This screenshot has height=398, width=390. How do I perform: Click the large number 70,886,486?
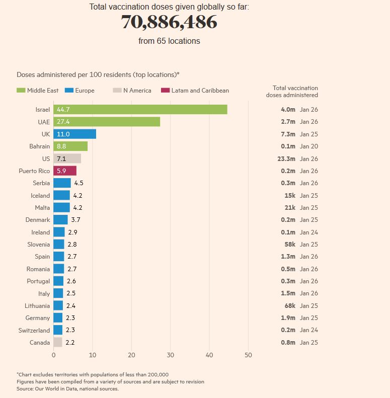pyautogui.click(x=169, y=22)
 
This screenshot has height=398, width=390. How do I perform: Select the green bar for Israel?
pyautogui.click(x=140, y=109)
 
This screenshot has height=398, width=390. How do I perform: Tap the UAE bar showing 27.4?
pyautogui.click(x=107, y=122)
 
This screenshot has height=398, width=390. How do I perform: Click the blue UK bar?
pyautogui.click(x=74, y=134)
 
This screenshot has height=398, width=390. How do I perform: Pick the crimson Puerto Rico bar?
pyautogui.click(x=65, y=171)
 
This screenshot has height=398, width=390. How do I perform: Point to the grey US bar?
pyautogui.click(x=67, y=158)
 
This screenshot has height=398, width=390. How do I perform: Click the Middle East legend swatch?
pyautogui.click(x=21, y=91)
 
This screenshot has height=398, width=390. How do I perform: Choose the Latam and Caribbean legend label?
pyautogui.click(x=200, y=91)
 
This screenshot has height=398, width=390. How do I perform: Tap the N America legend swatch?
pyautogui.click(x=117, y=91)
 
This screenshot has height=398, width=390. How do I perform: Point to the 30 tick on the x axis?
pyautogui.click(x=170, y=355)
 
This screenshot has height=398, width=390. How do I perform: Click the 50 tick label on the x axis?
pyautogui.click(x=248, y=355)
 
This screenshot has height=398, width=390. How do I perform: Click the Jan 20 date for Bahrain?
pyautogui.click(x=309, y=146)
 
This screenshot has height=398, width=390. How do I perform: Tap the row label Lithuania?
pyautogui.click(x=37, y=306)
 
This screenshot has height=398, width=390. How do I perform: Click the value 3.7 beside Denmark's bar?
pyautogui.click(x=75, y=220)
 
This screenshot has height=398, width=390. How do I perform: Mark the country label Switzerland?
pyautogui.click(x=35, y=331)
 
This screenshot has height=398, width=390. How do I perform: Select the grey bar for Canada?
pyautogui.click(x=58, y=343)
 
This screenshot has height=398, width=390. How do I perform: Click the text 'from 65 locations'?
pyautogui.click(x=169, y=41)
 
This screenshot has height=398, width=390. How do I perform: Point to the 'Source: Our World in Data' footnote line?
pyautogui.click(x=67, y=388)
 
